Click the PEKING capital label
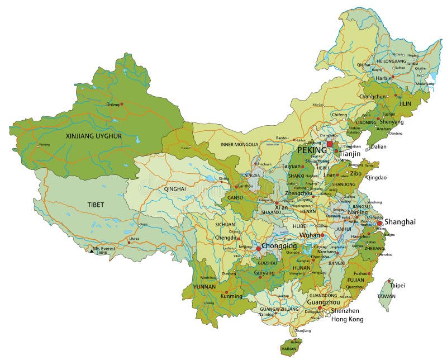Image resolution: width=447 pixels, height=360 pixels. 312,150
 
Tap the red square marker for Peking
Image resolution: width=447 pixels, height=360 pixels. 330,144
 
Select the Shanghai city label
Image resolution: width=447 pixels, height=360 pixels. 401,222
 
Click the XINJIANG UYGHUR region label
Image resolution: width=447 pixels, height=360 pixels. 94,136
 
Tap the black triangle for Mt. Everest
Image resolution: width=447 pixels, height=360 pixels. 92,251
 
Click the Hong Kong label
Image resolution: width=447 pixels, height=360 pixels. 347,319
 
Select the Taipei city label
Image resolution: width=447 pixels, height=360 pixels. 397,285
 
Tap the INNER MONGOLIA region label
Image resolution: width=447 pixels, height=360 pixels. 239,144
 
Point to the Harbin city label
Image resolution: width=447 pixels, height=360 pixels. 383,78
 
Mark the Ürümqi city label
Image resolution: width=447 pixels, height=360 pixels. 113,105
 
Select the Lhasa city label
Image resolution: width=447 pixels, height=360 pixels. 134,239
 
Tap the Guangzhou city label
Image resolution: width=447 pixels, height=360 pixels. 324,302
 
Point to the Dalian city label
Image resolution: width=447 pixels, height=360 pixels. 378,146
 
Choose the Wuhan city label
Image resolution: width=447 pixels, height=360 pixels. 310,235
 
